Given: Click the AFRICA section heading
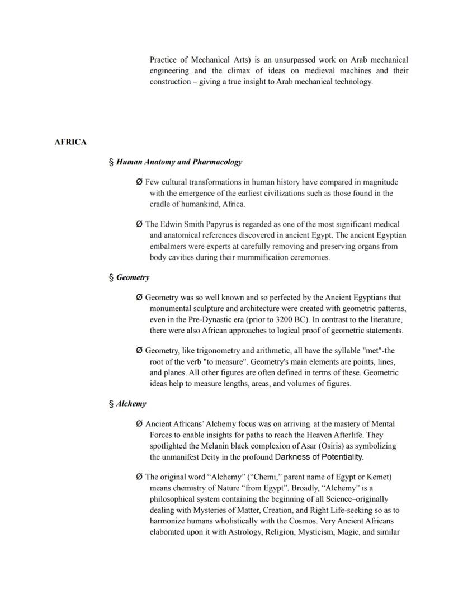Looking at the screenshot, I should [x=70, y=142].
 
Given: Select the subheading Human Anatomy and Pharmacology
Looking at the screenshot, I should [x=179, y=162].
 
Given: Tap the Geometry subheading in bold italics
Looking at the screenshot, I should [x=133, y=277].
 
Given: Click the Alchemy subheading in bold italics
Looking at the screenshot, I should [x=131, y=404].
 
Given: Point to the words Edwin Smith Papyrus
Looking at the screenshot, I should [x=195, y=224].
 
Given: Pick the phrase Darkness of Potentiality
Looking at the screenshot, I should [x=319, y=457].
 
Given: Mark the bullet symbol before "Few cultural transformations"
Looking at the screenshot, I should [x=139, y=182].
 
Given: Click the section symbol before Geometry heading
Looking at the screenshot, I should [x=111, y=277].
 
